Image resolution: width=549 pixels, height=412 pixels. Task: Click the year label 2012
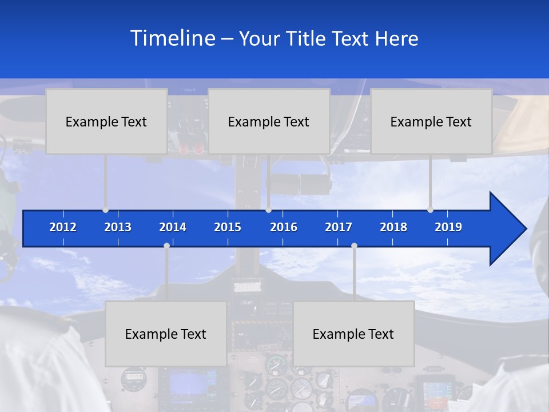[x=63, y=227]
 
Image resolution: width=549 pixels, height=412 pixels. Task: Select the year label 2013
[x=118, y=227]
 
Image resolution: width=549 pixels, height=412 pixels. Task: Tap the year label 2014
[x=173, y=227]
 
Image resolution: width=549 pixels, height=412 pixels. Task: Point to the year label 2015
[x=228, y=227]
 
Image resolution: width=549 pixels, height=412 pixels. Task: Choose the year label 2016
[x=284, y=227]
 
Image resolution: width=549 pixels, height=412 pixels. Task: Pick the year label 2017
[x=339, y=227]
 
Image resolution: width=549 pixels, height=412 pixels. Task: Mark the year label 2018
[x=393, y=227]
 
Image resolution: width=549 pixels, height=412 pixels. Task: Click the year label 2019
[x=448, y=227]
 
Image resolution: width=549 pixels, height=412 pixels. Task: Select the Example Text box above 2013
[x=106, y=121]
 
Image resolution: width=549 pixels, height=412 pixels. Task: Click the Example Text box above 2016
[x=269, y=121]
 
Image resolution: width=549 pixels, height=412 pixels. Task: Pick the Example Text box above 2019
[x=431, y=121]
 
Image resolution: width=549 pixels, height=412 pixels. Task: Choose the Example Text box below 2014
[x=166, y=334]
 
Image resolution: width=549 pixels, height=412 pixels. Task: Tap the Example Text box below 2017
[x=353, y=334]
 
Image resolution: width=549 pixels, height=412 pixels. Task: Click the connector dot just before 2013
[x=106, y=210]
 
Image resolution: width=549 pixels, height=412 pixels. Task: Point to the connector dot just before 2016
[x=268, y=210]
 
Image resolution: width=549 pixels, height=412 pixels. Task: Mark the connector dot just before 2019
[x=431, y=210]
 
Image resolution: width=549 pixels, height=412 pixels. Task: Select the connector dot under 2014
[x=166, y=245]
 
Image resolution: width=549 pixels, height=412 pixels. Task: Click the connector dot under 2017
[x=354, y=245]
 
